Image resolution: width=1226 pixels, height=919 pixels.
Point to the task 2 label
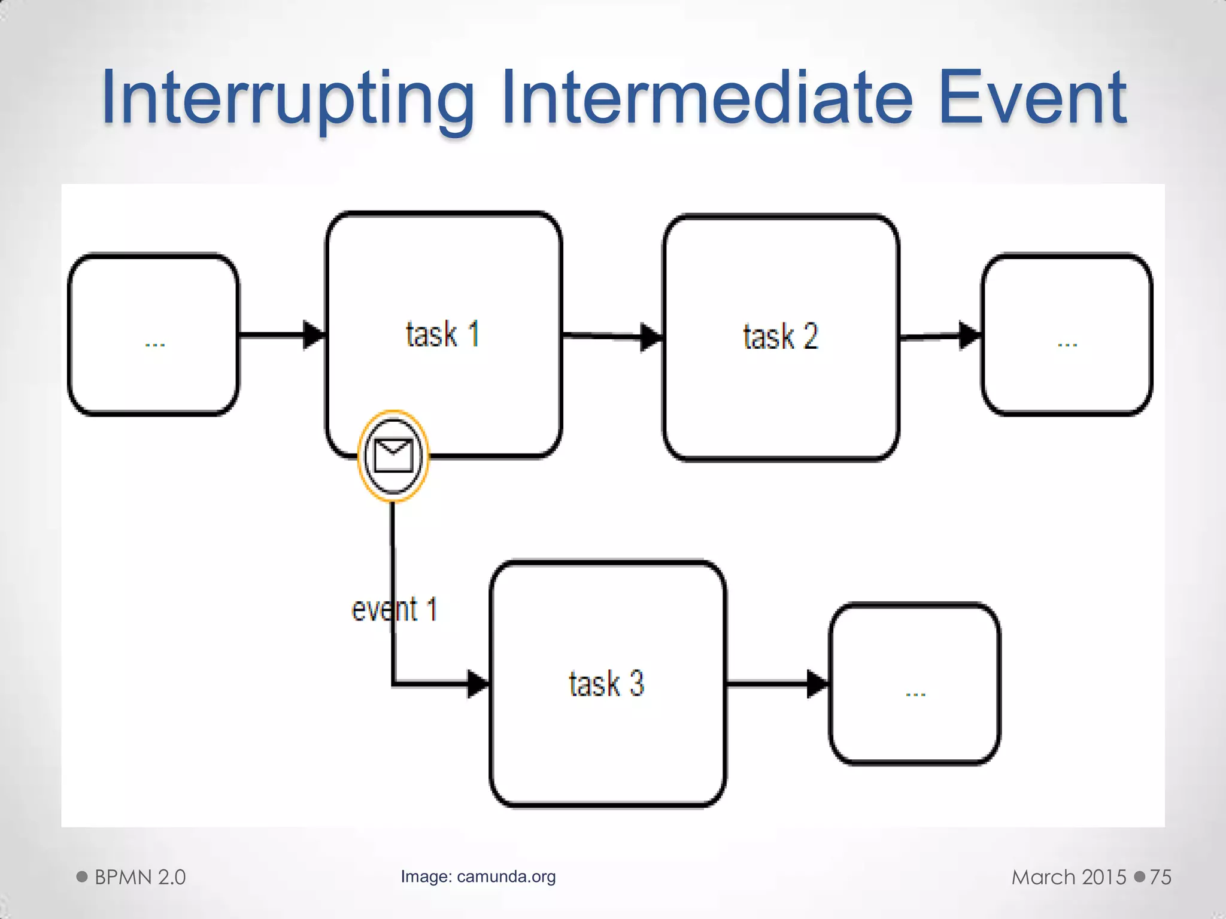point(780,336)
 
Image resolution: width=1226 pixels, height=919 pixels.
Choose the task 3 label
point(606,683)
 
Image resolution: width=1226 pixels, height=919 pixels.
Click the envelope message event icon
point(393,456)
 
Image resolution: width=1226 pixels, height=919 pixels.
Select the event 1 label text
point(394,610)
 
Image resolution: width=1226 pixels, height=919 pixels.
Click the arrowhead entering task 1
point(314,334)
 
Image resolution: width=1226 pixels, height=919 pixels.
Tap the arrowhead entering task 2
point(651,337)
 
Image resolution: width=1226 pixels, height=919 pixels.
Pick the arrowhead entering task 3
point(478,683)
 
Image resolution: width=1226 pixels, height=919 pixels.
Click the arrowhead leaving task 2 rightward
point(969,336)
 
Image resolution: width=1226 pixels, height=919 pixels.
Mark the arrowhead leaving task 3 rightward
point(817,683)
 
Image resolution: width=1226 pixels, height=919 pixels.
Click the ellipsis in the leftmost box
point(154,345)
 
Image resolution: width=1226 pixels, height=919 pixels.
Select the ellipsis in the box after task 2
point(1067,345)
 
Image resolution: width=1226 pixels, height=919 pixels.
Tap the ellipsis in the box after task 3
point(915,694)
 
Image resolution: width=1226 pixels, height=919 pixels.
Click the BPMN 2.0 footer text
point(140,877)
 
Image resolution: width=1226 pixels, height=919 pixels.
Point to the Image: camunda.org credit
point(478,877)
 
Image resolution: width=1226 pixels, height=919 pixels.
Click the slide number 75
point(1160,877)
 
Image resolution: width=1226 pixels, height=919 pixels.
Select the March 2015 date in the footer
point(1069,877)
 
